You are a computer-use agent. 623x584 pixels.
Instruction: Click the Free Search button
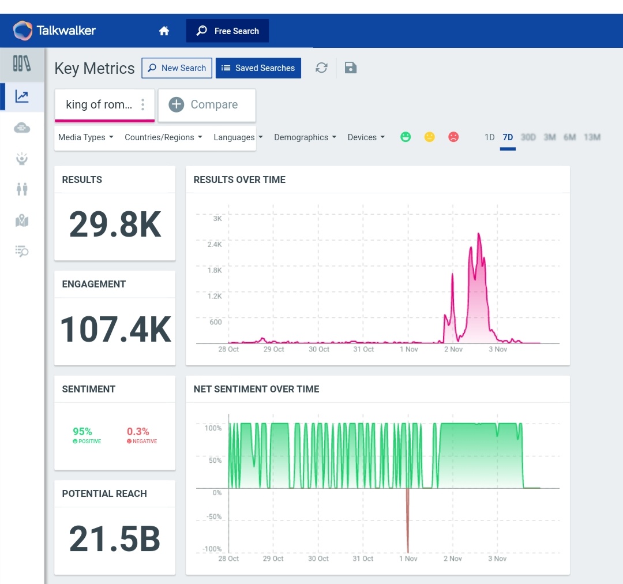click(x=227, y=31)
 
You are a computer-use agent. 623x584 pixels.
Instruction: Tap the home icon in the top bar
click(x=164, y=31)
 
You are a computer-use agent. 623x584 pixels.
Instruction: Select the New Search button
click(x=177, y=68)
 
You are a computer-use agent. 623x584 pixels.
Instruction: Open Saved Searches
click(x=258, y=68)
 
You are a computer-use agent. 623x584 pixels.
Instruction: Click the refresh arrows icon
click(x=321, y=68)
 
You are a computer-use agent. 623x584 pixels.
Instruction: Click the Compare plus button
click(x=177, y=104)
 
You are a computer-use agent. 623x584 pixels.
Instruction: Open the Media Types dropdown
click(x=85, y=137)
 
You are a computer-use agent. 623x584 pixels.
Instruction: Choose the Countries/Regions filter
click(x=163, y=137)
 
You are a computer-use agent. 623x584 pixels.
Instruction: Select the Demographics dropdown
click(x=305, y=137)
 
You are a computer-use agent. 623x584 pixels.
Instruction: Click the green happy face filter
click(x=406, y=137)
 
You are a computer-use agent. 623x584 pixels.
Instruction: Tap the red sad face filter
click(x=453, y=137)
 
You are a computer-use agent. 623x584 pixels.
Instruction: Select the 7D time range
click(x=508, y=137)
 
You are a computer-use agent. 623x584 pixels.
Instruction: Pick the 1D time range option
click(x=489, y=137)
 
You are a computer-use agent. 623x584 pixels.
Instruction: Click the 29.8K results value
click(x=115, y=224)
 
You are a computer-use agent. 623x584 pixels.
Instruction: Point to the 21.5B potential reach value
click(x=115, y=538)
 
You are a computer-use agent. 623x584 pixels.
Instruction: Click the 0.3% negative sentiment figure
click(x=138, y=432)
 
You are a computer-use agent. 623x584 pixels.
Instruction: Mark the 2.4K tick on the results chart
click(x=215, y=245)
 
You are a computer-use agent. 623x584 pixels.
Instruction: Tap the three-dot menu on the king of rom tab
click(x=143, y=104)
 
